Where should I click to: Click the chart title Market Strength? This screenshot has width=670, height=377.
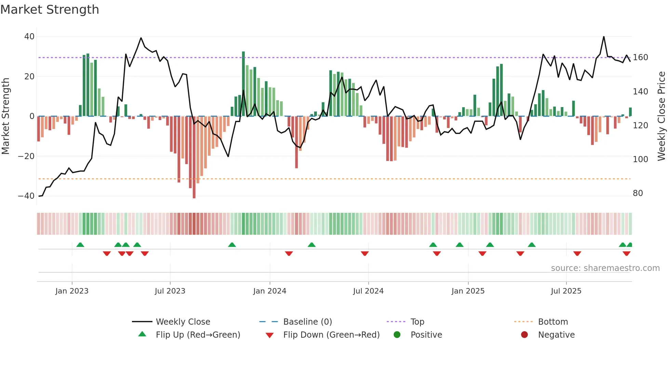[50, 10]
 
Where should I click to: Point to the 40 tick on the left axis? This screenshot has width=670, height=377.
[29, 37]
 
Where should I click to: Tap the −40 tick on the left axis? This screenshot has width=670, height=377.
[26, 196]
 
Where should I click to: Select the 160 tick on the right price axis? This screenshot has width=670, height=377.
[640, 57]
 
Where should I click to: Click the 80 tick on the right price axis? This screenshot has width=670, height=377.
[638, 193]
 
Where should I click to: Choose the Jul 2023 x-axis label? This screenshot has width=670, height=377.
[170, 291]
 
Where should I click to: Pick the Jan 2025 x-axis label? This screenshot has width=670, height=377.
[468, 291]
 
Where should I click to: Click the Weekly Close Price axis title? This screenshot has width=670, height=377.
[661, 116]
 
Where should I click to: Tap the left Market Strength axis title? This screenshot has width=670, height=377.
[6, 116]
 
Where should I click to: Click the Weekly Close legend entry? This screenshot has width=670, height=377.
[183, 322]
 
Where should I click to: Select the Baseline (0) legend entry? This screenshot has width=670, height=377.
[307, 322]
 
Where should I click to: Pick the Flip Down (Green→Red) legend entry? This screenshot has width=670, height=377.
[331, 335]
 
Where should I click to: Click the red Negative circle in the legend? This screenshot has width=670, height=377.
[524, 335]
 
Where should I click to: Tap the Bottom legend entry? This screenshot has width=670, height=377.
[553, 322]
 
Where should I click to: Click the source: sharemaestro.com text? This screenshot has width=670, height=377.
[605, 268]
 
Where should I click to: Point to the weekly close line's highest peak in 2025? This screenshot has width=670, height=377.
[604, 37]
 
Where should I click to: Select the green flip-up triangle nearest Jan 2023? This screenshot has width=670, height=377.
[80, 245]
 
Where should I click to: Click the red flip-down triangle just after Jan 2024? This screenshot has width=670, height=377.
[289, 253]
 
